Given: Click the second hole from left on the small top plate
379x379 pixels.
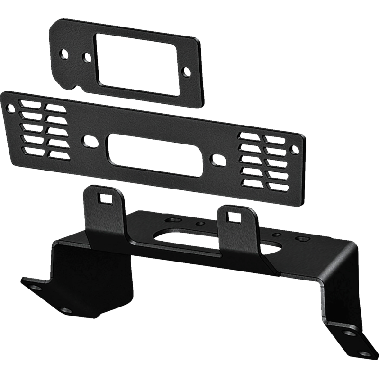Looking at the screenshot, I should [86, 58].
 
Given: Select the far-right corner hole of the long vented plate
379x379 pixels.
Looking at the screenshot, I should [294, 150].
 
